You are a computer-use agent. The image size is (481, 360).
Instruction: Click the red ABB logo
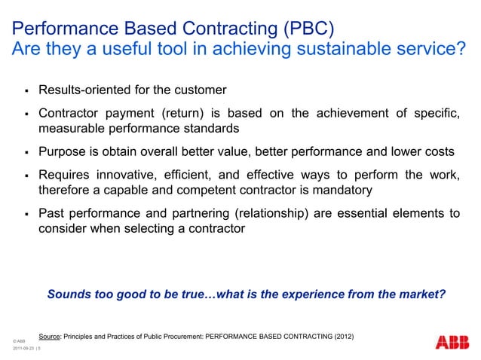coord(452,341)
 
